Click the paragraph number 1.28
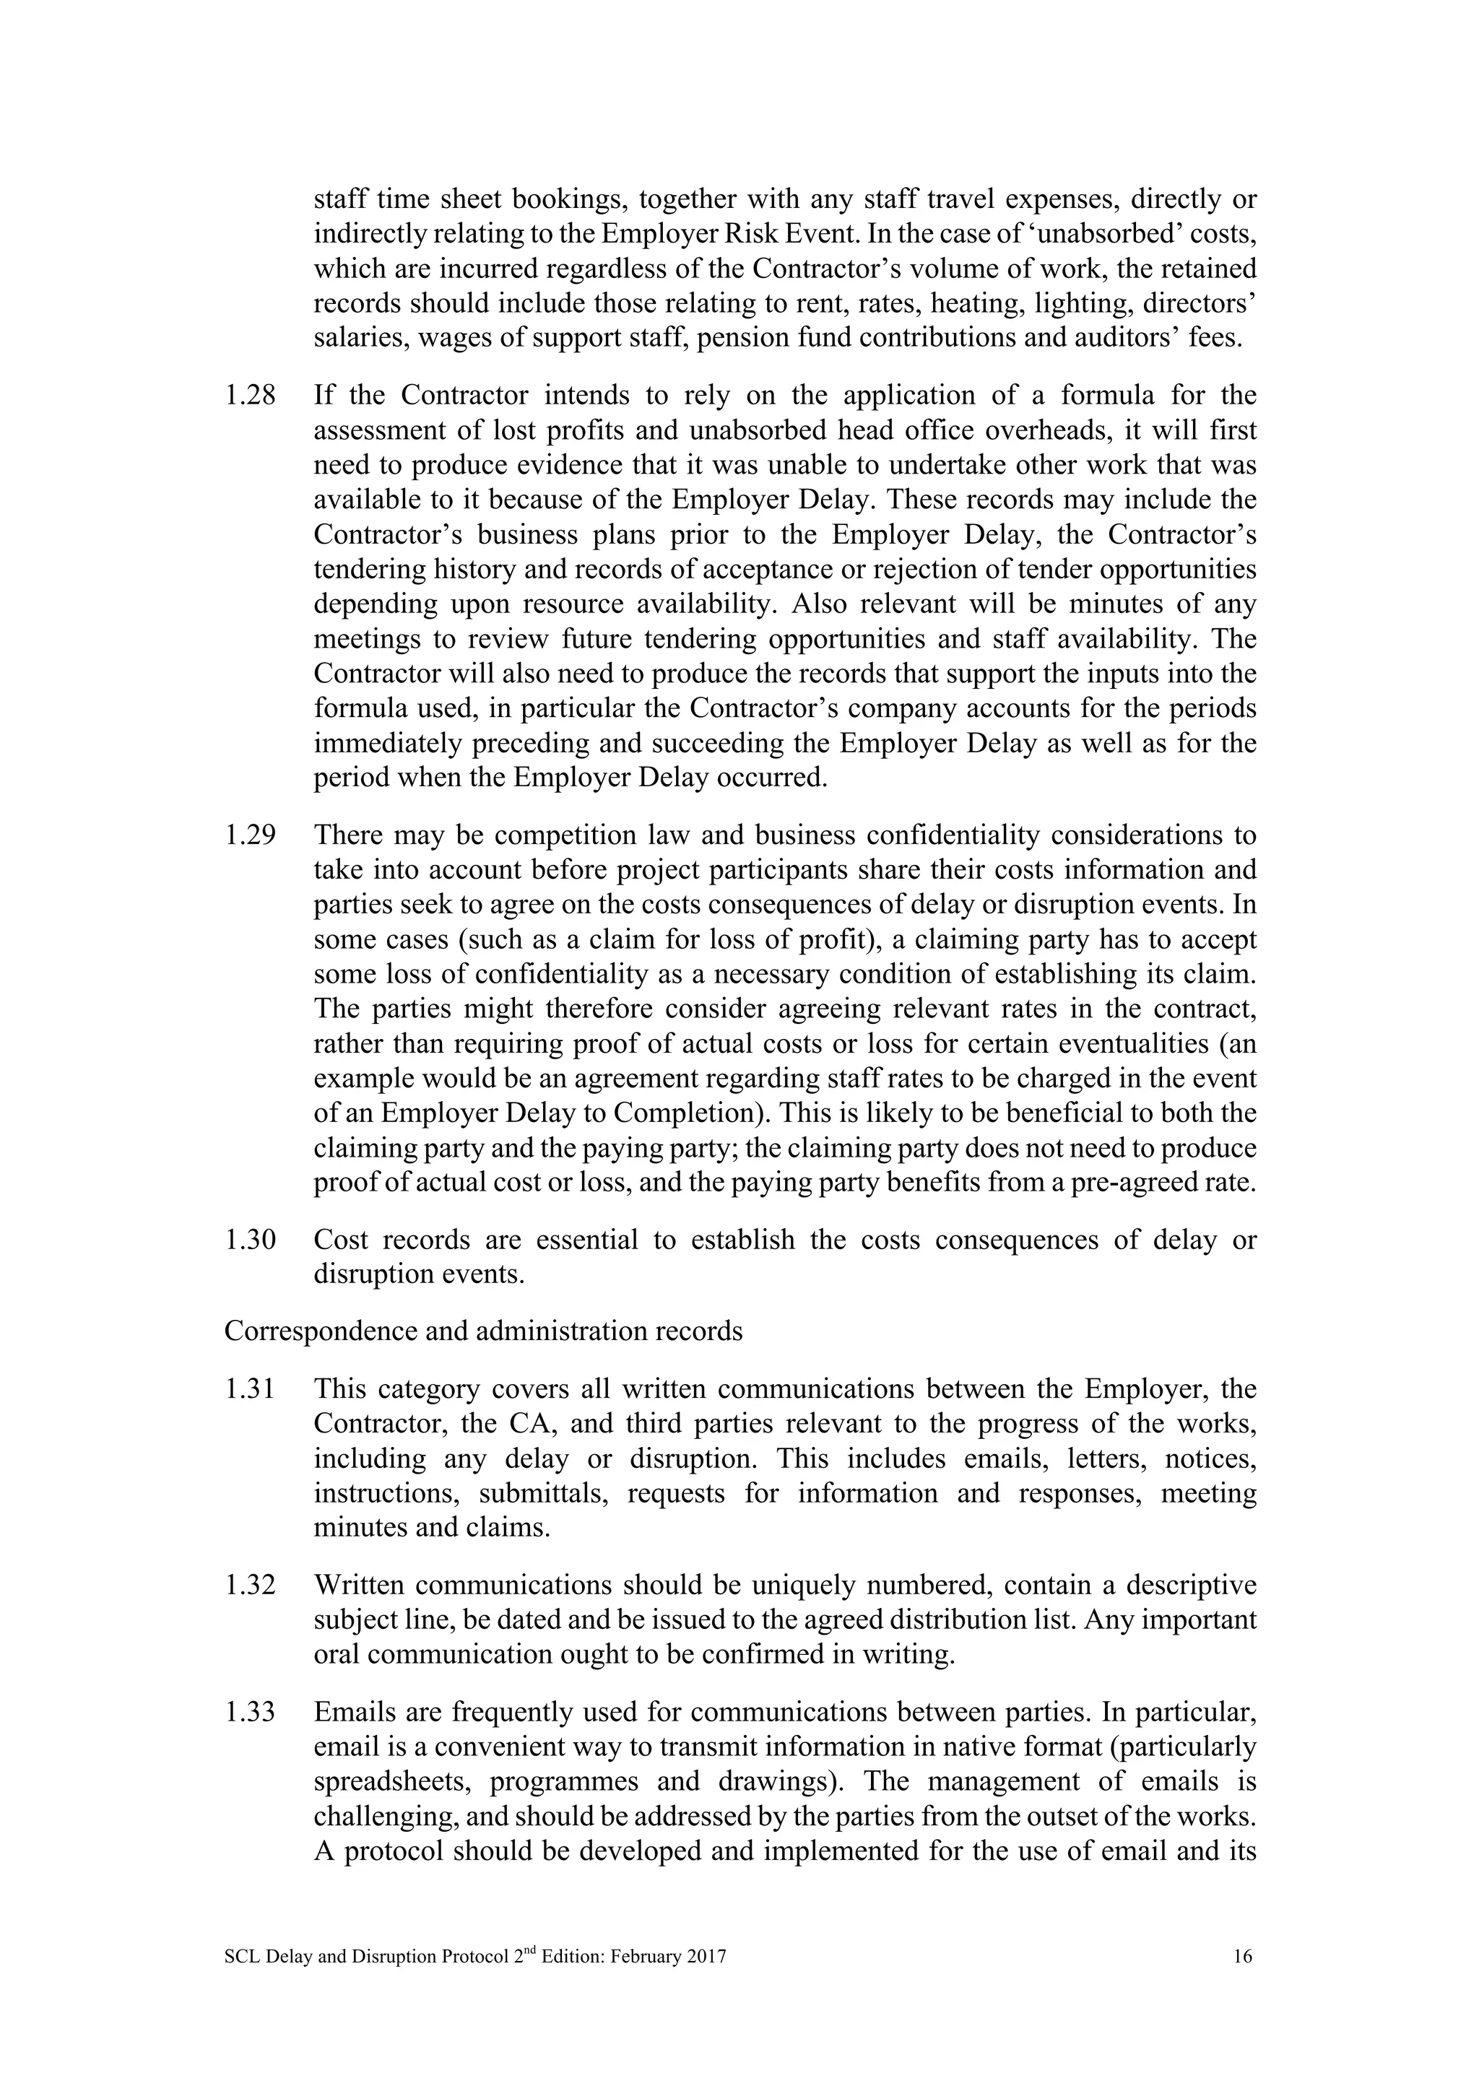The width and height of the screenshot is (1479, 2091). click(250, 396)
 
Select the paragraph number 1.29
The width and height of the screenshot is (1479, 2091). click(250, 835)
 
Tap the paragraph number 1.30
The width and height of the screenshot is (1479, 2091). click(250, 1240)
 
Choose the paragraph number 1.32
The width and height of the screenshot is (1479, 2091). click(250, 1586)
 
